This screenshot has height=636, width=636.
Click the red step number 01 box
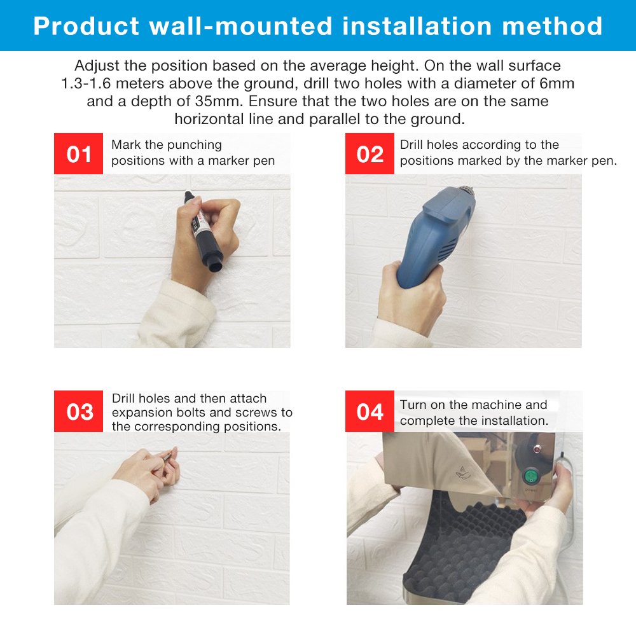(78, 154)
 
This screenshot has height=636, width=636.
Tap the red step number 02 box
(370, 154)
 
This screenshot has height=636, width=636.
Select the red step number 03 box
(78, 411)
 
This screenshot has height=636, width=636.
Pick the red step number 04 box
(370, 411)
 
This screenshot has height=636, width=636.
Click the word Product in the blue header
(86, 26)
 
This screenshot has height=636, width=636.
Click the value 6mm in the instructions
(557, 83)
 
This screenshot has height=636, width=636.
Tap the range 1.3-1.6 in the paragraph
(86, 83)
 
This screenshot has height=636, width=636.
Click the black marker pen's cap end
(215, 265)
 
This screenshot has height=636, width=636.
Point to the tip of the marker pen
(188, 194)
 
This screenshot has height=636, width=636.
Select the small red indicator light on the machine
(537, 449)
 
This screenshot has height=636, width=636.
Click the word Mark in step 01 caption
(126, 145)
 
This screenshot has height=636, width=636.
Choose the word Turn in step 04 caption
(413, 404)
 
